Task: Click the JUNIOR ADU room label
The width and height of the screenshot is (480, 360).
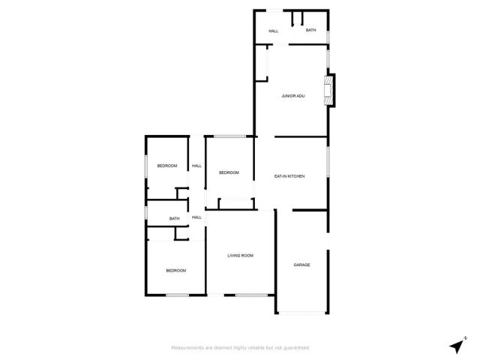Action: tap(292, 96)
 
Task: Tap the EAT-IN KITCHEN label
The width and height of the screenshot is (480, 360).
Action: tap(289, 176)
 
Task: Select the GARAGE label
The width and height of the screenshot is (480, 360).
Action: tap(301, 265)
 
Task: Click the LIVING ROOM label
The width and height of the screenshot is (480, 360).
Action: tap(241, 256)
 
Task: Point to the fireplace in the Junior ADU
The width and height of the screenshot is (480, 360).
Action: tap(328, 89)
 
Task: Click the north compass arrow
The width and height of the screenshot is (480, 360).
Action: tap(456, 345)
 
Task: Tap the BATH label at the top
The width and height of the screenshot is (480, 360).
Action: tap(310, 30)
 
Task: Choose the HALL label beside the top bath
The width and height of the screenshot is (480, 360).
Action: tap(274, 31)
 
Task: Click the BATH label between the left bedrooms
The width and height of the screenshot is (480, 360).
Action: tap(174, 219)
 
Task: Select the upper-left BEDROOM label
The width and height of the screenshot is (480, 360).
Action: tap(166, 166)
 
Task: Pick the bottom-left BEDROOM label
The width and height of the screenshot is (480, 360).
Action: tap(175, 270)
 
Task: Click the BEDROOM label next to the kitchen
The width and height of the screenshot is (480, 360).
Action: tap(229, 172)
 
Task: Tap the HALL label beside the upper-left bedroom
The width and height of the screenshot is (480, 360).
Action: tap(196, 166)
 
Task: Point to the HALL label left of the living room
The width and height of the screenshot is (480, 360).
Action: tap(196, 217)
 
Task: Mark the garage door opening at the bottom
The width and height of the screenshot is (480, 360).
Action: tap(301, 313)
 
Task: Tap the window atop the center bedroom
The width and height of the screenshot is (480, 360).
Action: tap(229, 136)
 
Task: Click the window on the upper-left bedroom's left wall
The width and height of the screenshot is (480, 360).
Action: tap(145, 166)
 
